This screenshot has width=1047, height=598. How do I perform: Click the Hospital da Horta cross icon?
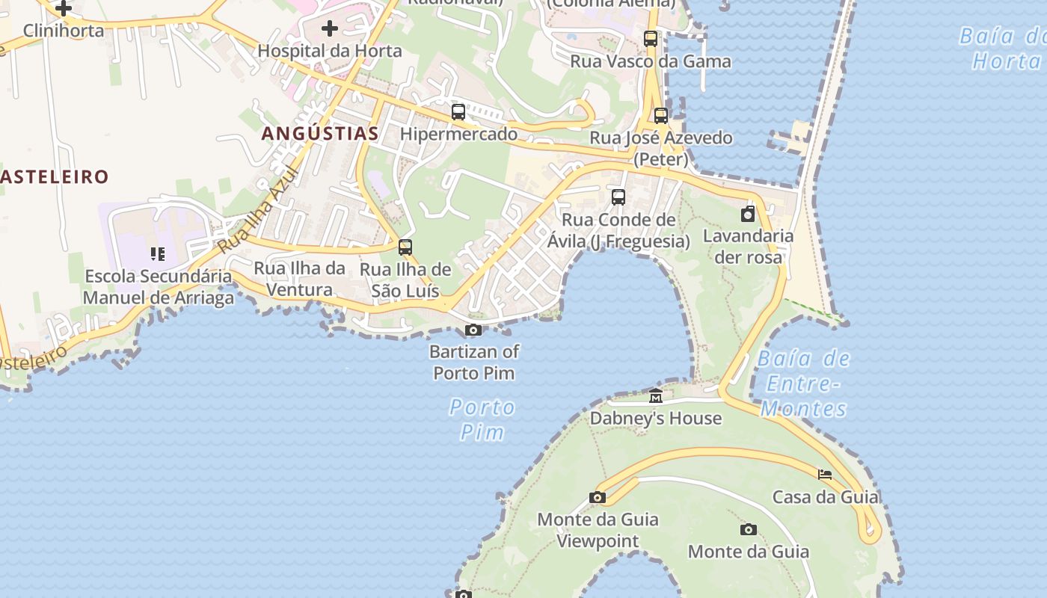329,28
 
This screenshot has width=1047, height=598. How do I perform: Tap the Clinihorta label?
64,30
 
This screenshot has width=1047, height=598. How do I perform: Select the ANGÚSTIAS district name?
320,134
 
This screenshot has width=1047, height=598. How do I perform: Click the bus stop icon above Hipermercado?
458,112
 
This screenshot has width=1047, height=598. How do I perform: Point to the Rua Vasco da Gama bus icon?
651,39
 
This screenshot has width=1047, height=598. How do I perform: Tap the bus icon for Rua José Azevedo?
660,116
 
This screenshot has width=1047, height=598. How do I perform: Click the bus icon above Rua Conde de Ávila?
618,197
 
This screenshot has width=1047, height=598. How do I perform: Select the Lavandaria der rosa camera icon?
748,215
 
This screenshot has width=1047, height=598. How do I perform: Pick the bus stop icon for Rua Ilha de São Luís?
405,247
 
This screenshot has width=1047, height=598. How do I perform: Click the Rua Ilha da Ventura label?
299,279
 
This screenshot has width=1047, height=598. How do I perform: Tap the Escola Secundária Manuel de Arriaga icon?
157,254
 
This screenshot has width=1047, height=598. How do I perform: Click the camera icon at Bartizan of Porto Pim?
473,330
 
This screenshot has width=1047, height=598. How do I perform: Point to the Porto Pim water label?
482,419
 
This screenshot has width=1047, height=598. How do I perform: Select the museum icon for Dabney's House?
656,396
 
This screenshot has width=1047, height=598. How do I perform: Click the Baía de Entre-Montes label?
803,383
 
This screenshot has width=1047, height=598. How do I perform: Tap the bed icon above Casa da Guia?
825,475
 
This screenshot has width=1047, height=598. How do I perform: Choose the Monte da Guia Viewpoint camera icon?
597,497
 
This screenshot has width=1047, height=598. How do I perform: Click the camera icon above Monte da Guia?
748,530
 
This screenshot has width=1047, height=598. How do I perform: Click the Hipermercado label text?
458,134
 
